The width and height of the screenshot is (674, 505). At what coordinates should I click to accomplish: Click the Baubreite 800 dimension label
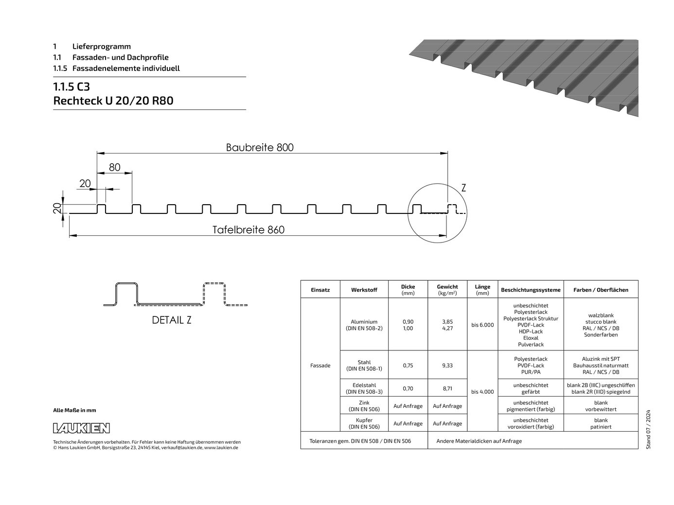coord(260,148)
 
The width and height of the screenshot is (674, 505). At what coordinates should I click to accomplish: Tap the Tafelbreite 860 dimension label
coord(248,230)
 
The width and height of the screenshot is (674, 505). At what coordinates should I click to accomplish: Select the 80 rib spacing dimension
coord(115,167)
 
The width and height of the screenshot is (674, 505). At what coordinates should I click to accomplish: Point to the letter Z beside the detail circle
coord(463,188)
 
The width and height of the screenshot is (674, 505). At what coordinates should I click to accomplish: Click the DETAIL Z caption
coord(172,320)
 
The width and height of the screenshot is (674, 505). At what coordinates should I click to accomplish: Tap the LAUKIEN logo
coord(81,428)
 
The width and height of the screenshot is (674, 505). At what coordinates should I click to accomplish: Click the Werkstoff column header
coord(364,290)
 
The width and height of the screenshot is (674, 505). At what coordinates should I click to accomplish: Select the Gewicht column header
coord(447,290)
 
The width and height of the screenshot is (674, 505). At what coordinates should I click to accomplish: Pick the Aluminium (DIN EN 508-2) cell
coord(364,325)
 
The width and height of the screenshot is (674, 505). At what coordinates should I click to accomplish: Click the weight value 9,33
coord(447,366)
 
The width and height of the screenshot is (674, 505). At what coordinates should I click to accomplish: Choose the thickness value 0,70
coord(408,388)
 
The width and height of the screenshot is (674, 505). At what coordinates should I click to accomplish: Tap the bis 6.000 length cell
coord(482,325)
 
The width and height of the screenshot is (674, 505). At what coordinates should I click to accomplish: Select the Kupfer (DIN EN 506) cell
coord(364,423)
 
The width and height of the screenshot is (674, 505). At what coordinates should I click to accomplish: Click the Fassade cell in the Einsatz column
coord(320,366)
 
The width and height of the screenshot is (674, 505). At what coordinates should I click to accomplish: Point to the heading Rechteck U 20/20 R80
coord(113,101)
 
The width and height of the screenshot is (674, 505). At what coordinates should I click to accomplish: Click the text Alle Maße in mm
coord(74,410)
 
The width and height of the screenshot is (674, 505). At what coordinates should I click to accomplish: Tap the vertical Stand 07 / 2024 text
coord(648,430)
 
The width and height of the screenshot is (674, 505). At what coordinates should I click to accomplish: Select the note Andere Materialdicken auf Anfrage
coord(479,441)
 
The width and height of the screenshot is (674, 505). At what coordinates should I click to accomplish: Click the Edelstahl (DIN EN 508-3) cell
coord(364,388)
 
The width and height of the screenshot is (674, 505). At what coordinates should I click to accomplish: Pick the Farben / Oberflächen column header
coord(601,290)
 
